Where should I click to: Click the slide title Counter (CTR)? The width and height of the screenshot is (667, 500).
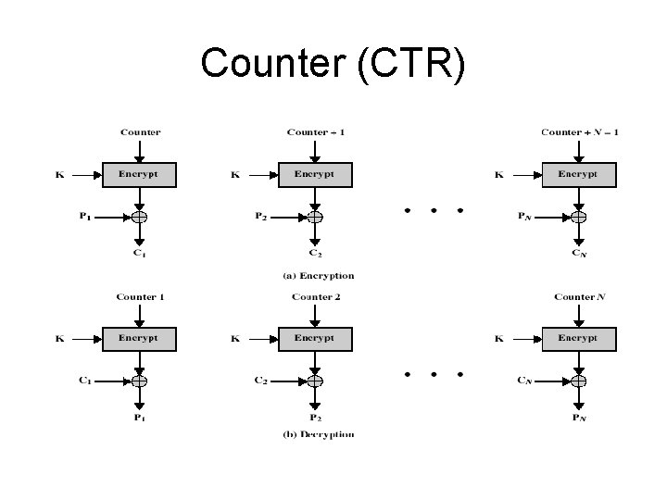point(333,64)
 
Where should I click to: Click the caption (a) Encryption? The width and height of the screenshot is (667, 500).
point(318,276)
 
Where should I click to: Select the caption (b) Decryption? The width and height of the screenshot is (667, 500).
point(318,434)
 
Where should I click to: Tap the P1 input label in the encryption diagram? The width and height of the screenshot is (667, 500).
point(84,217)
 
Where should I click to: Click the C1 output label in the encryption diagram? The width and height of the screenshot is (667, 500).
point(140,253)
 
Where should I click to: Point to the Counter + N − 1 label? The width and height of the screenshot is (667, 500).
point(579,132)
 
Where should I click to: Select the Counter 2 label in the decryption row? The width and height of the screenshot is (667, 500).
point(316,297)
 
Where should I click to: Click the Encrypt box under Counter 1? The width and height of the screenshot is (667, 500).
point(139,339)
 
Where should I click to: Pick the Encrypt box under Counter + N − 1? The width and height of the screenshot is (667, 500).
point(578,174)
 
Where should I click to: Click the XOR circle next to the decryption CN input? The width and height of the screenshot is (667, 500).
point(578,381)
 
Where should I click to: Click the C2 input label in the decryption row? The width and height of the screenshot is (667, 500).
point(261,381)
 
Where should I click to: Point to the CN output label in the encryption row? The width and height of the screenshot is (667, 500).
point(579,253)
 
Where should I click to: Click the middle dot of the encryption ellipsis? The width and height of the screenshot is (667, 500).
point(434,211)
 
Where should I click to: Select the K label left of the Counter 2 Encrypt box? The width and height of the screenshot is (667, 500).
point(235,339)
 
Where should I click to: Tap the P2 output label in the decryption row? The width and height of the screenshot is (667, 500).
point(316,418)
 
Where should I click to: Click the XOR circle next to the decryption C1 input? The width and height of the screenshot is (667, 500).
point(139,381)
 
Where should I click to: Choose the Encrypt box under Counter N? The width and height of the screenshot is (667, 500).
point(578,339)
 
